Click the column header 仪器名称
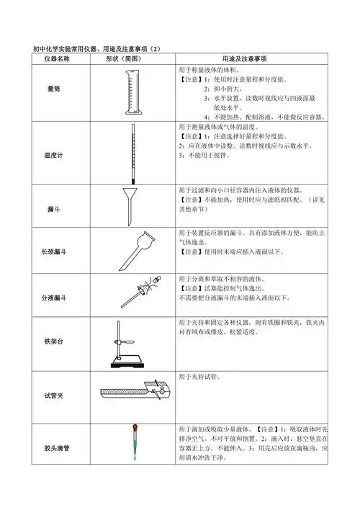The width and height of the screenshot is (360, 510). [x=56, y=58]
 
